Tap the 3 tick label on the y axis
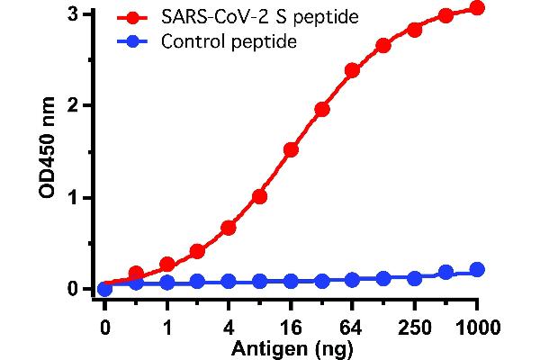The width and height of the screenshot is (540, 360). [x=71, y=13]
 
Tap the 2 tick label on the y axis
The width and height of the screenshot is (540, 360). [x=71, y=105]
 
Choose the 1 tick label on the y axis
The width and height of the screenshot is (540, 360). [x=71, y=197]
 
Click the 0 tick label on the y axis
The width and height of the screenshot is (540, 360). [x=71, y=289]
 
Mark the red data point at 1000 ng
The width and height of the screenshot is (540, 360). [x=477, y=8]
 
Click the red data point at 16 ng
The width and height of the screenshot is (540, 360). [x=291, y=149]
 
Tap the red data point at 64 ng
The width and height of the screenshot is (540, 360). [x=353, y=70]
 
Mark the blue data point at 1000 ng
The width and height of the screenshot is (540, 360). [x=477, y=269]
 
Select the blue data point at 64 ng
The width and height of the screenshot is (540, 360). [x=353, y=280]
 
